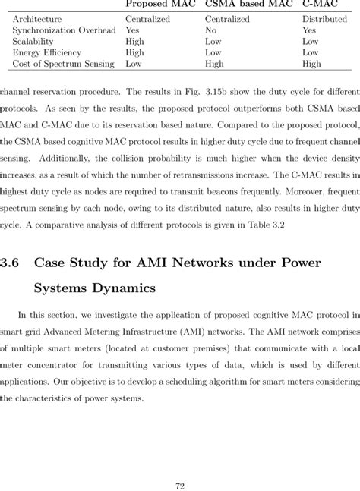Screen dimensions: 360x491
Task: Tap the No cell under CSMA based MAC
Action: (213, 30)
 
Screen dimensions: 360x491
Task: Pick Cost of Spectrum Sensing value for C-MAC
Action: (311, 64)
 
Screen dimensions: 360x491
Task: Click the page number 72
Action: (180, 465)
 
